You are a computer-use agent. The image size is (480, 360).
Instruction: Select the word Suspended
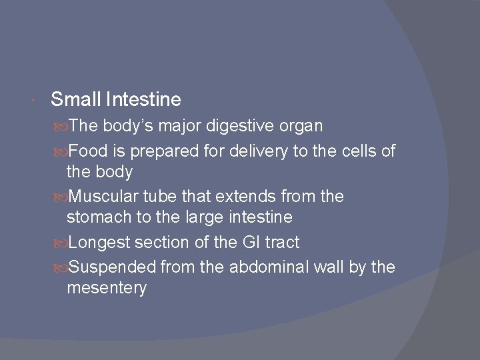pos(112,267)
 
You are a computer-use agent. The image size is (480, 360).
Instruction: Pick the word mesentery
pos(107,289)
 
